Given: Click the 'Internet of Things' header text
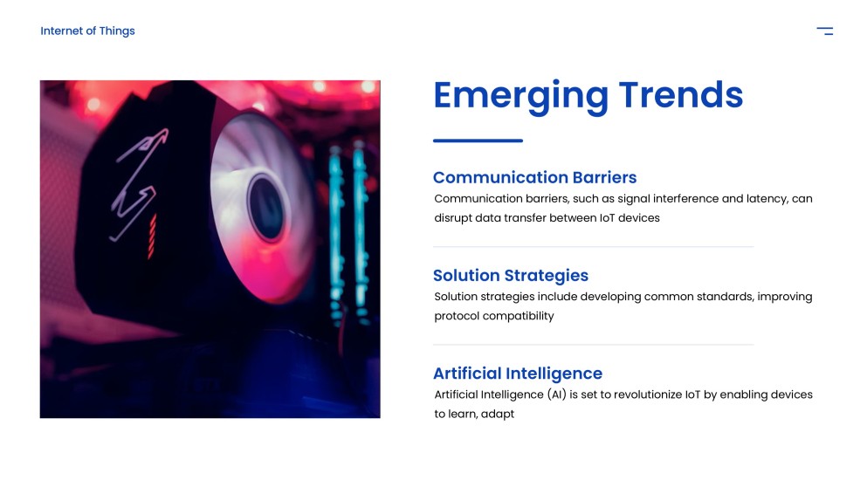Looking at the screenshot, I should [87, 31].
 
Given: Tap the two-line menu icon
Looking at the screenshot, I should [824, 31].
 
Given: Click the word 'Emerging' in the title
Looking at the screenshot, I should [520, 95].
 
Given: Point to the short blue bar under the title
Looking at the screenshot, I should [478, 141].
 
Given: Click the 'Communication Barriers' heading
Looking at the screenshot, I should [534, 177].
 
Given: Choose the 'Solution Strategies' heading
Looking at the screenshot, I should [511, 276].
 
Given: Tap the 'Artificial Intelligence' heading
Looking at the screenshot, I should [518, 374].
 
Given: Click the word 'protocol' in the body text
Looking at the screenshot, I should [458, 316].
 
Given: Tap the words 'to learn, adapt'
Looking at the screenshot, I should [474, 414].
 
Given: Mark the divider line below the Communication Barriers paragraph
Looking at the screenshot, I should [594, 247].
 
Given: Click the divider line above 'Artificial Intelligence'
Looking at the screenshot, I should [594, 345].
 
